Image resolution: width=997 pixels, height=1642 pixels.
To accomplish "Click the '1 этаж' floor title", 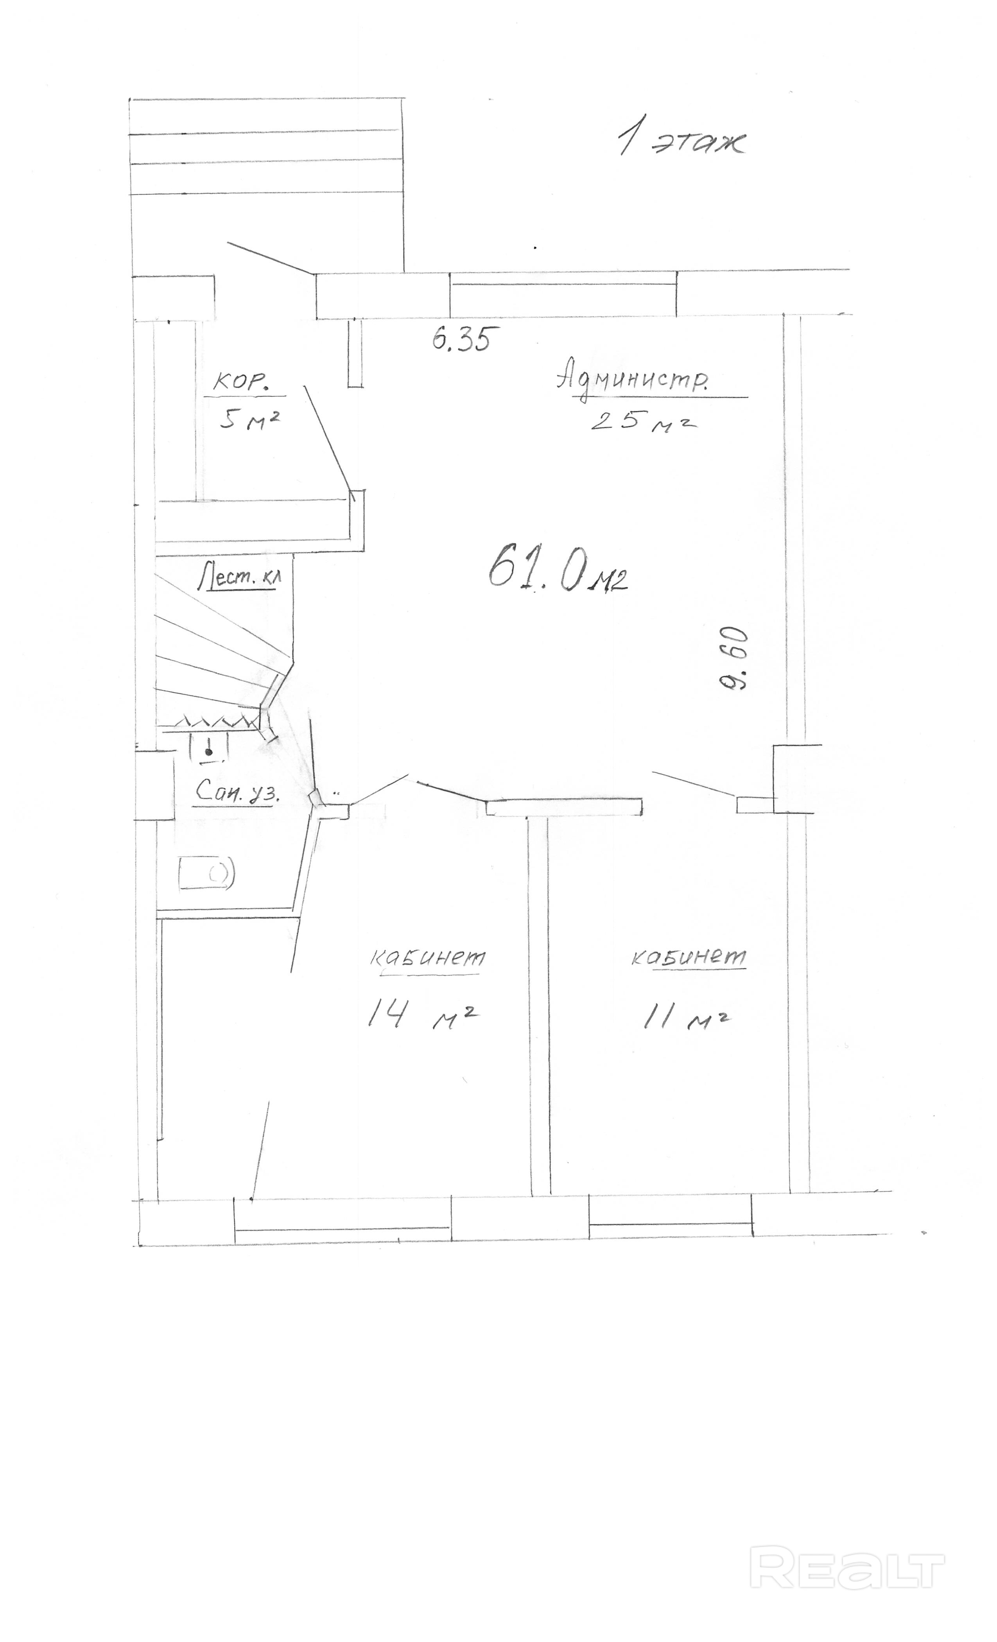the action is [x=681, y=140].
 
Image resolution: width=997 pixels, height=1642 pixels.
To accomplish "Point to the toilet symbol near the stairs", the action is [x=209, y=747].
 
